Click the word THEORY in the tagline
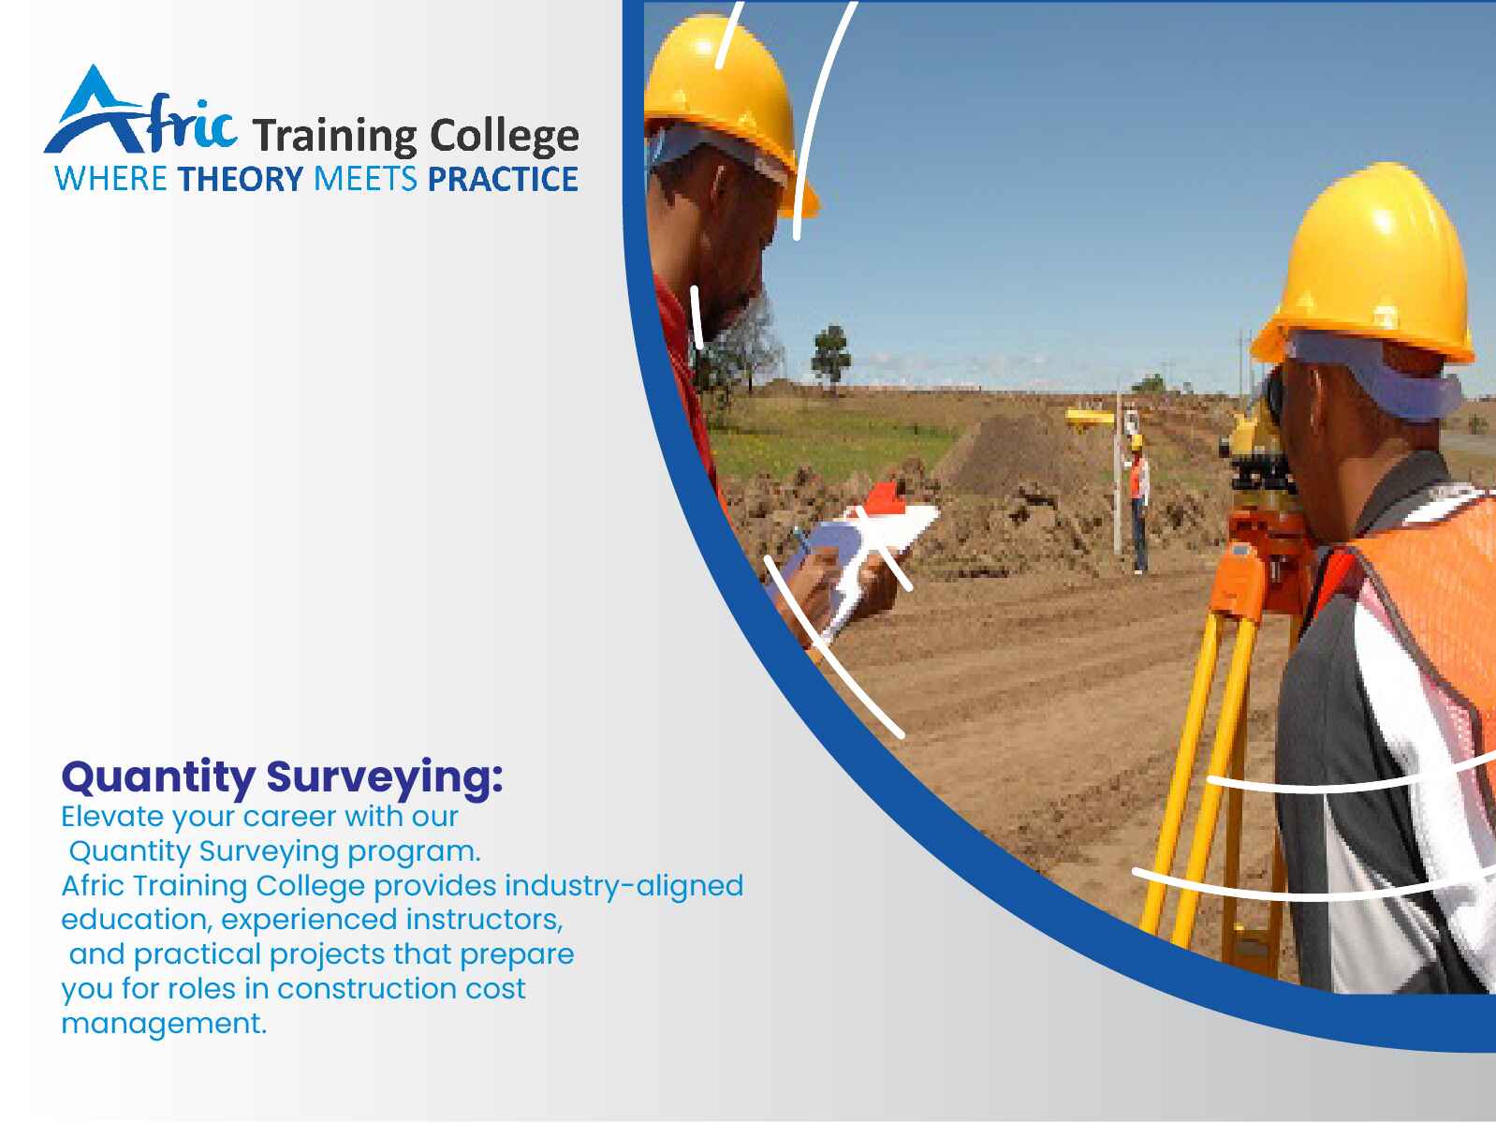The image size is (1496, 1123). (x=241, y=179)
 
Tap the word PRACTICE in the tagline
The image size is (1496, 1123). (x=503, y=179)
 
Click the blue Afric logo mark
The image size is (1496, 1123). (x=140, y=111)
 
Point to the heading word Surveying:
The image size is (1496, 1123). (x=385, y=778)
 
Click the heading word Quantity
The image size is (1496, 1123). (x=158, y=778)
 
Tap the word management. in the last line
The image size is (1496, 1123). (x=164, y=1024)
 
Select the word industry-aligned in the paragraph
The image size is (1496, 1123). (x=623, y=886)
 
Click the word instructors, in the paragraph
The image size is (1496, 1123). (x=484, y=920)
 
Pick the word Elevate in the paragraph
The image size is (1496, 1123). (x=112, y=816)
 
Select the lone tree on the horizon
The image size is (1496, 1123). (x=830, y=359)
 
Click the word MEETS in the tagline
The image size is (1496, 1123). (x=365, y=179)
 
